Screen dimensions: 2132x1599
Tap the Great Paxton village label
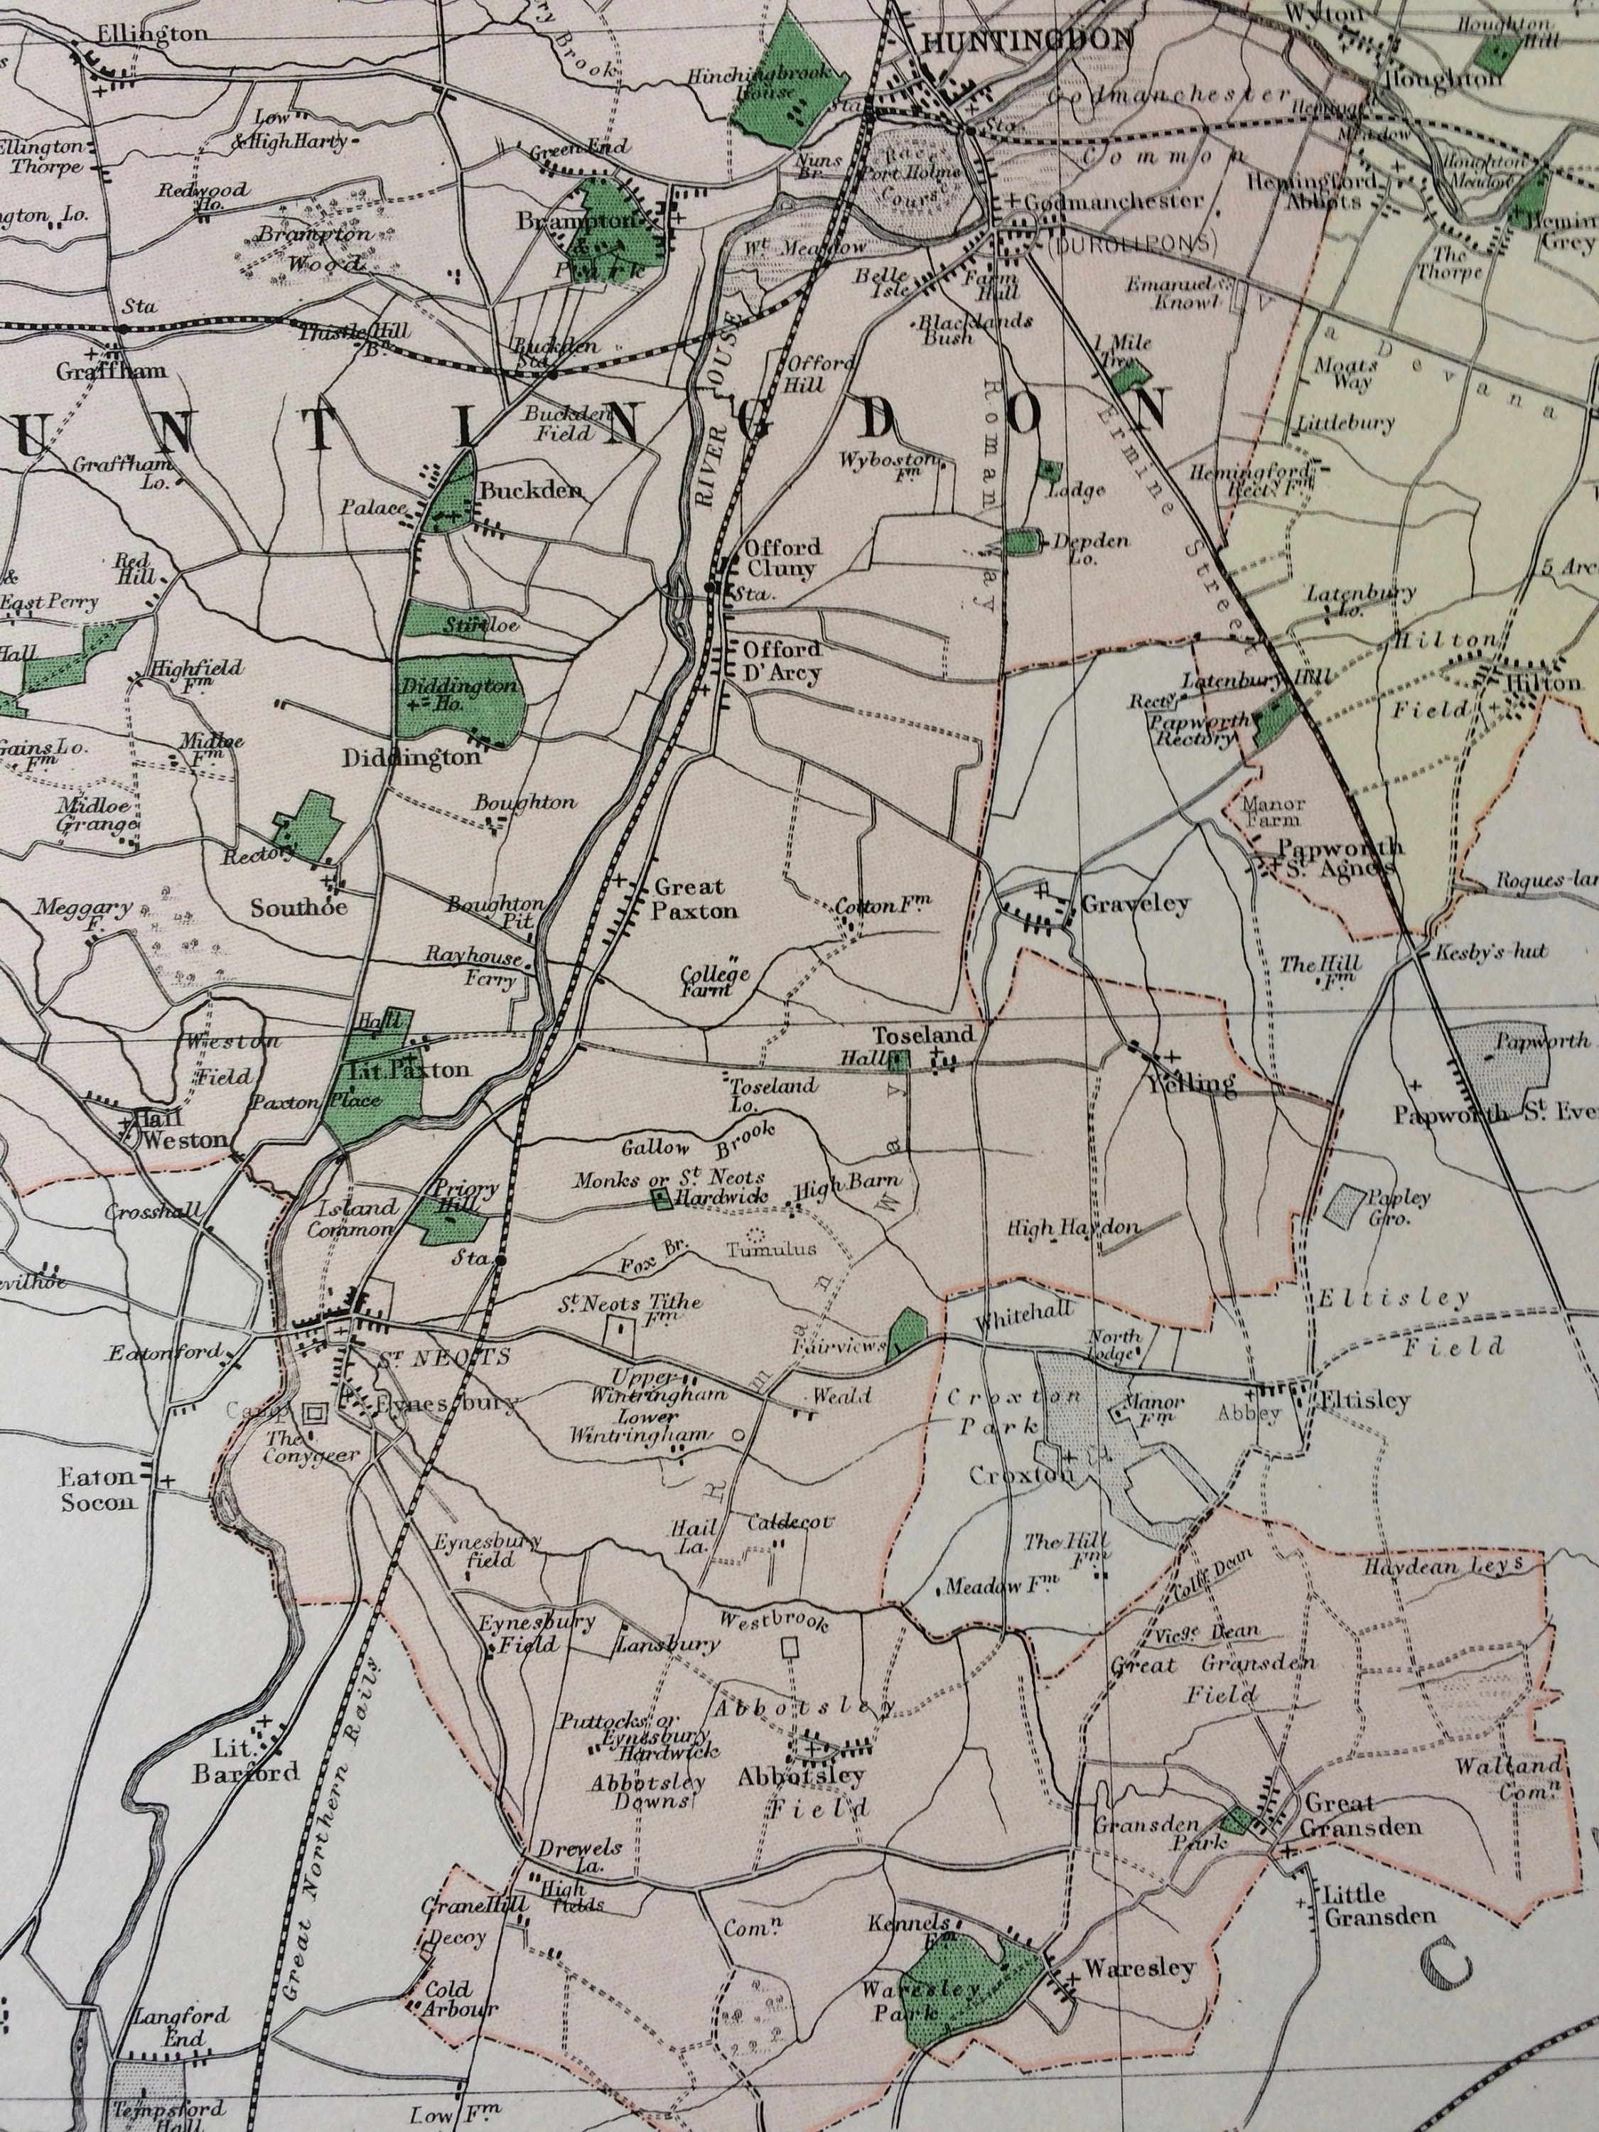pyautogui.click(x=690, y=898)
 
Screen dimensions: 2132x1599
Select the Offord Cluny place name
pyautogui.click(x=781, y=556)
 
